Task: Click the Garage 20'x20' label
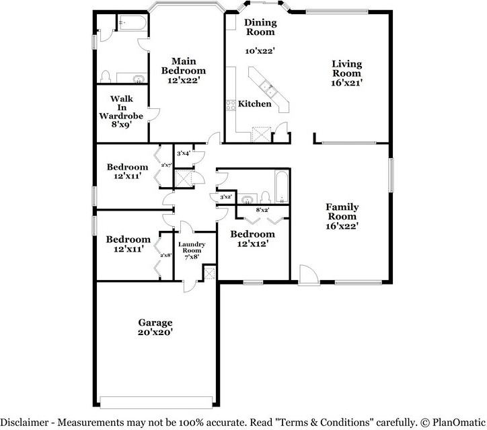[155, 327]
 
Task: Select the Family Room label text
[342, 216]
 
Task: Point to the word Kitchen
[255, 104]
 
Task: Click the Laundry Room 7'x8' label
[192, 250]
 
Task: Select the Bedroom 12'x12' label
[252, 239]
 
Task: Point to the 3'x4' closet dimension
[182, 153]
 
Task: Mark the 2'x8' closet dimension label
[166, 255]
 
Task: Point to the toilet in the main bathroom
[106, 75]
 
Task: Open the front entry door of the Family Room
[307, 275]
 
